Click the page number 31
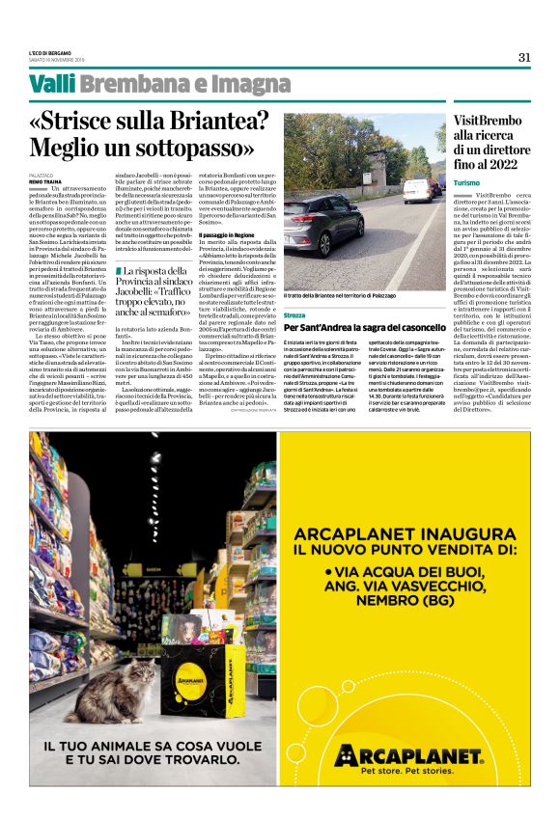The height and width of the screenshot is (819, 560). [524, 57]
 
